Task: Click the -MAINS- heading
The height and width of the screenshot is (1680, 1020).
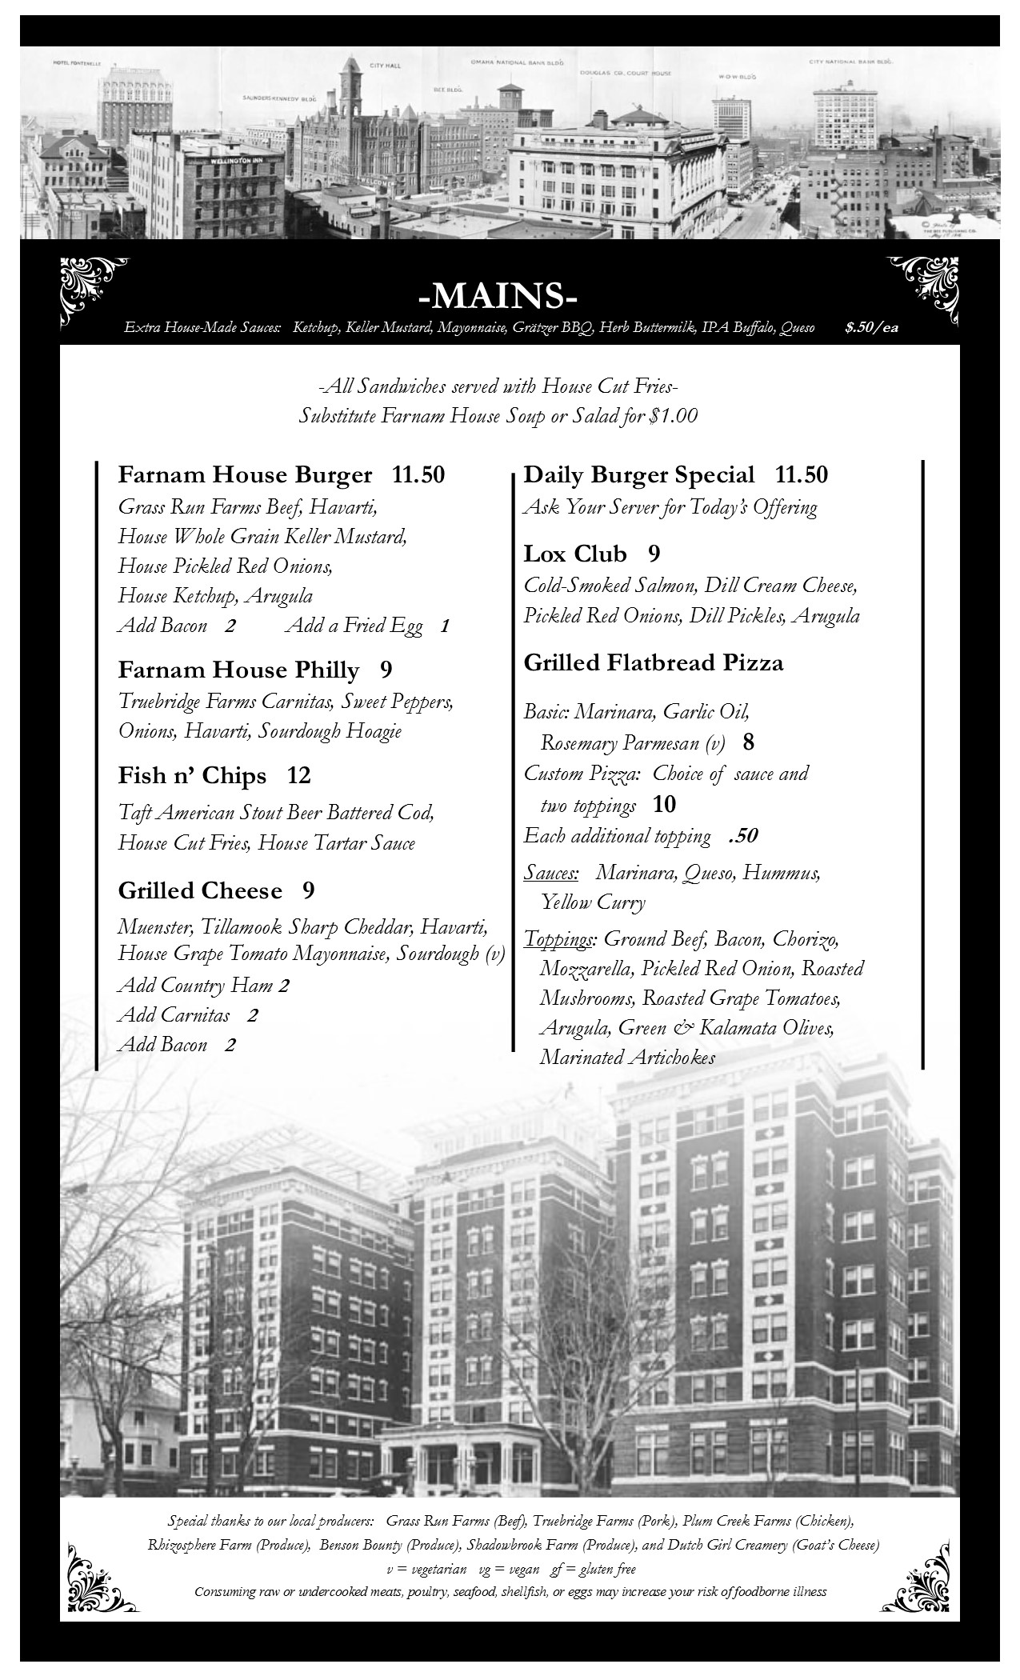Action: pos(498,296)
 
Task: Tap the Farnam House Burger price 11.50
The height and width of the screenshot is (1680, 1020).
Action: pos(418,474)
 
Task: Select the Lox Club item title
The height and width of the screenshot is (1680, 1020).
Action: pos(574,554)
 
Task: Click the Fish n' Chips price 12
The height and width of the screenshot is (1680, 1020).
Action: pos(298,775)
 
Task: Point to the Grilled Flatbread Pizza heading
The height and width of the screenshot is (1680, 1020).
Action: pos(653,662)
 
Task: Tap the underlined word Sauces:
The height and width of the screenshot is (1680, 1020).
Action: pos(551,872)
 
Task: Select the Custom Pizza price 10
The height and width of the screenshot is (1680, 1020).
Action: pos(664,804)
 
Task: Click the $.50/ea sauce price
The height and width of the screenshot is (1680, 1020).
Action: pos(870,327)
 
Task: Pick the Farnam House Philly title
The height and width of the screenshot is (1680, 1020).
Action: pos(238,669)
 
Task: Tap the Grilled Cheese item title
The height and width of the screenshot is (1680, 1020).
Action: pos(200,890)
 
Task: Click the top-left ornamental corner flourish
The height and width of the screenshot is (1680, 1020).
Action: pos(93,290)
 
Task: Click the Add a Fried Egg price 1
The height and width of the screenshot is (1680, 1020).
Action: pos(445,626)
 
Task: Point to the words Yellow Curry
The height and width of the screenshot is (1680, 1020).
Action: pos(593,902)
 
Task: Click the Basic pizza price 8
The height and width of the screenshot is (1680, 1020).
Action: pos(748,742)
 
